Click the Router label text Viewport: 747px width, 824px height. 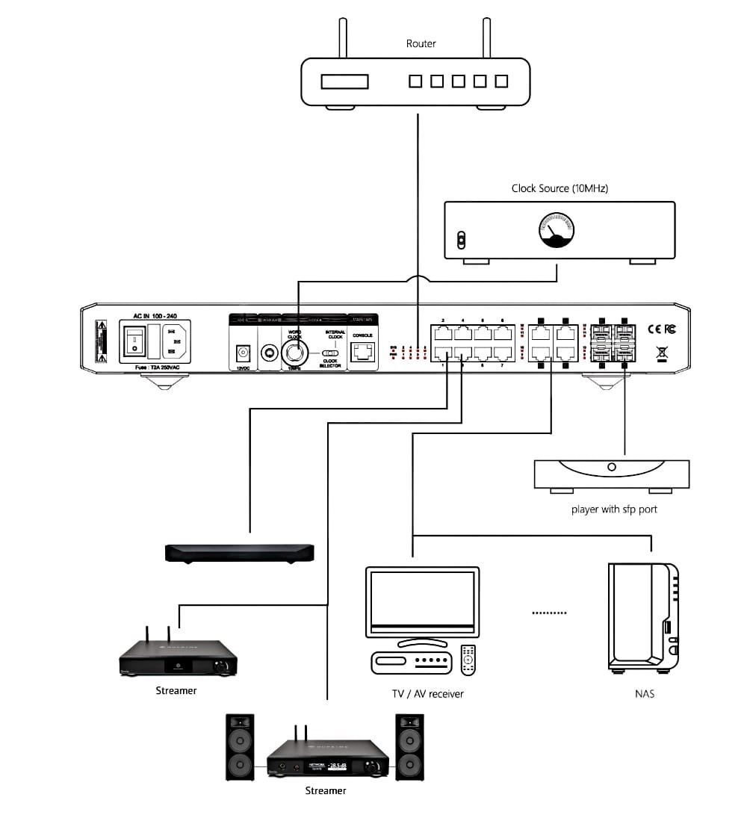click(x=421, y=43)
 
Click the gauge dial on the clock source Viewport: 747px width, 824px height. click(x=554, y=229)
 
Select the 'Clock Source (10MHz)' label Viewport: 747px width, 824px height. click(x=560, y=188)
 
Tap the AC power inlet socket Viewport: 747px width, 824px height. click(x=172, y=341)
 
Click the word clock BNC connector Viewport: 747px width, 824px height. click(x=295, y=353)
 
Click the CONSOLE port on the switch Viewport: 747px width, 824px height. click(x=363, y=352)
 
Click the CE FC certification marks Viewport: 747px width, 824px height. click(x=661, y=328)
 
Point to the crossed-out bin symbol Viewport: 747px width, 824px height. click(x=661, y=352)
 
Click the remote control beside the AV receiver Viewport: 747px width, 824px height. click(x=468, y=657)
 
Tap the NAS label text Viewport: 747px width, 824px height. click(x=644, y=694)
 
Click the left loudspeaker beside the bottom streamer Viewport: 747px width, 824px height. click(x=240, y=747)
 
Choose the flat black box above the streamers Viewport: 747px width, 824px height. click(x=239, y=553)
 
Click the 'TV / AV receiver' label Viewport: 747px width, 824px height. click(x=428, y=694)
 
